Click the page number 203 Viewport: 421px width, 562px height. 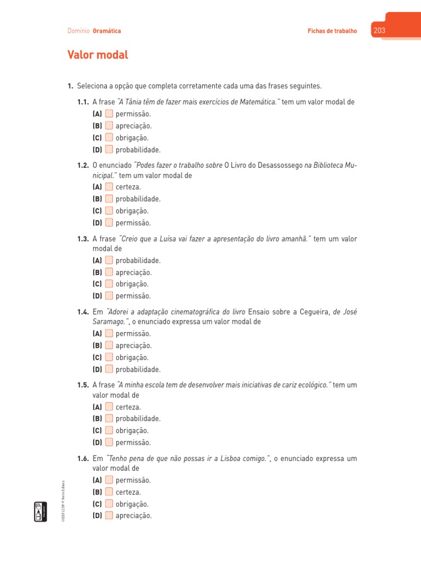click(379, 31)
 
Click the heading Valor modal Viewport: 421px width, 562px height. click(97, 55)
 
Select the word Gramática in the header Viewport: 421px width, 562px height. click(107, 31)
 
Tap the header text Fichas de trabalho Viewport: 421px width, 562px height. click(332, 31)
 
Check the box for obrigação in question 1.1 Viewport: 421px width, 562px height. click(109, 138)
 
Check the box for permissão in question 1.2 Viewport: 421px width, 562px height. click(109, 223)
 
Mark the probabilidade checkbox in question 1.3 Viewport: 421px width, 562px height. click(109, 260)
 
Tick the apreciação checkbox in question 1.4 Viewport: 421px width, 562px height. click(109, 345)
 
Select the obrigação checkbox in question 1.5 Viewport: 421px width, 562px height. click(109, 430)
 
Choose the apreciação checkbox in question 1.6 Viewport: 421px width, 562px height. click(109, 515)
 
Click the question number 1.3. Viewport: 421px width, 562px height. click(83, 239)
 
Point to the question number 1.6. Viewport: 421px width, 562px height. click(83, 458)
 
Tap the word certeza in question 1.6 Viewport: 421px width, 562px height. click(128, 492)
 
